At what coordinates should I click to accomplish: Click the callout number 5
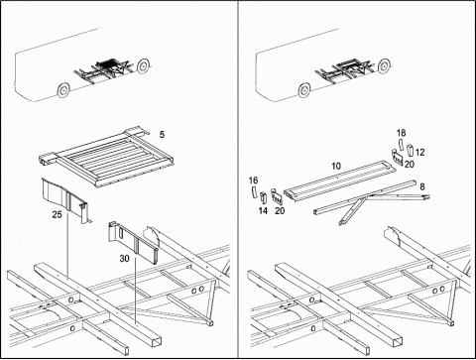tap(162, 135)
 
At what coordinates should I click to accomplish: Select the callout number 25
tap(57, 214)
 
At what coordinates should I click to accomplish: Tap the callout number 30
tap(124, 258)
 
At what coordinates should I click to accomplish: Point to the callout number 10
tap(336, 166)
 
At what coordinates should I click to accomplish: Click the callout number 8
tap(422, 186)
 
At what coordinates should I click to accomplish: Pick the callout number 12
tap(419, 153)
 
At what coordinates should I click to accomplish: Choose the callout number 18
tap(401, 133)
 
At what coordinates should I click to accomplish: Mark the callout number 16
tap(254, 180)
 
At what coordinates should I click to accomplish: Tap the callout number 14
tap(263, 210)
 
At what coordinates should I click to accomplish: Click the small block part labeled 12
tap(411, 150)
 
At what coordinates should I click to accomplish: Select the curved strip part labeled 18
tap(401, 145)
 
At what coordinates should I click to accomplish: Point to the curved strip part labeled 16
tap(254, 192)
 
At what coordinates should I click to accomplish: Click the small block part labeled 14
tap(264, 196)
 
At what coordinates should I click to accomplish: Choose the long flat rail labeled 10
tap(340, 180)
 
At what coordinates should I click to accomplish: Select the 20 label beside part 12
tap(410, 164)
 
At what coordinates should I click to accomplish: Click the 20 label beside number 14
tap(280, 210)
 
